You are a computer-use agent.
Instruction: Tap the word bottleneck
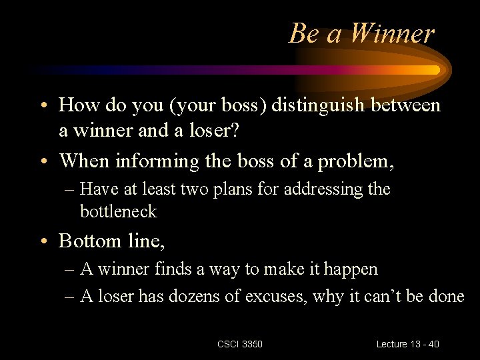(119, 212)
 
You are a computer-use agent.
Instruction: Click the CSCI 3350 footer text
(240, 344)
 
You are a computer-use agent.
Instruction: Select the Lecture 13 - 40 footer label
(407, 344)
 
